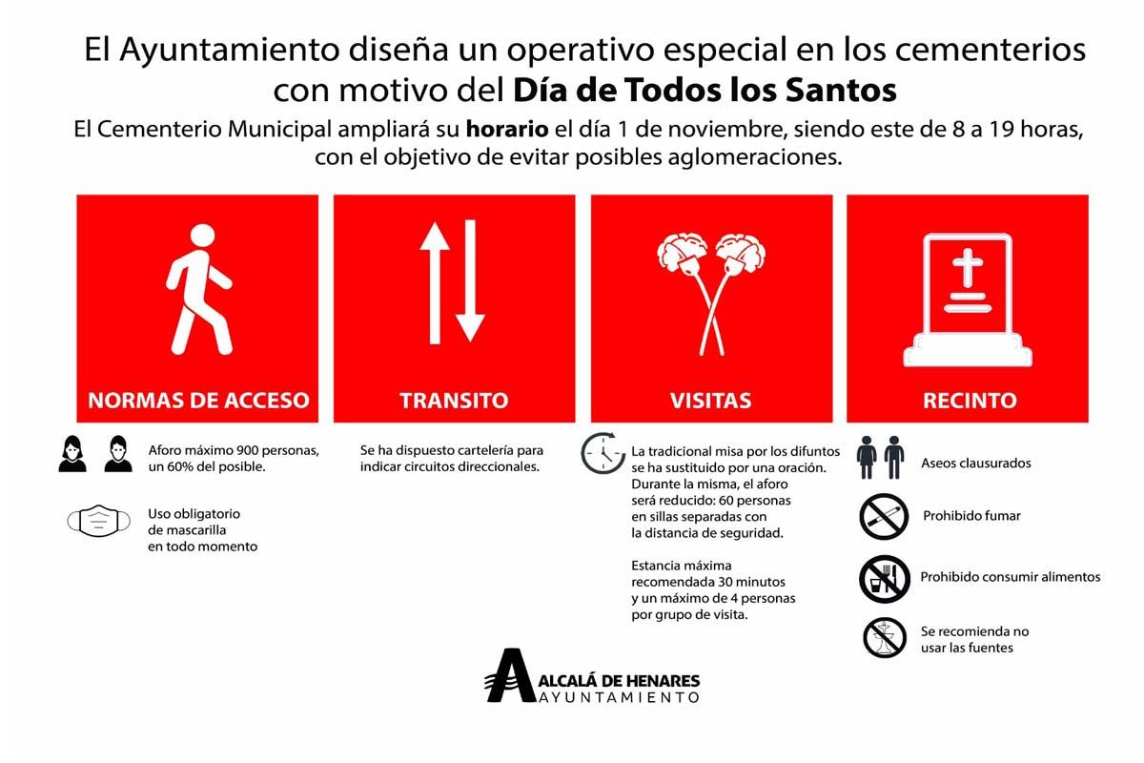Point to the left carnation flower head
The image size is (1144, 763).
(680, 254)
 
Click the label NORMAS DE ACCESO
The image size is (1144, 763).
(198, 400)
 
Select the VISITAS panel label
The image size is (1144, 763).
(710, 400)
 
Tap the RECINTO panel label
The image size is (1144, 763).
(969, 400)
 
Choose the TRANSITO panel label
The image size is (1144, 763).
(454, 400)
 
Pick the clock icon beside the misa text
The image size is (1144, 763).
(601, 453)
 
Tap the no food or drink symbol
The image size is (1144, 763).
(884, 579)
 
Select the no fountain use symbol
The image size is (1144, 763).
(884, 638)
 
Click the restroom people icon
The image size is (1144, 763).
(880, 458)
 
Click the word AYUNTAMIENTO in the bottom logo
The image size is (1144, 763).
(620, 697)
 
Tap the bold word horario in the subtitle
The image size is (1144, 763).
(506, 129)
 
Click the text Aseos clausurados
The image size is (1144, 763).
(975, 464)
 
